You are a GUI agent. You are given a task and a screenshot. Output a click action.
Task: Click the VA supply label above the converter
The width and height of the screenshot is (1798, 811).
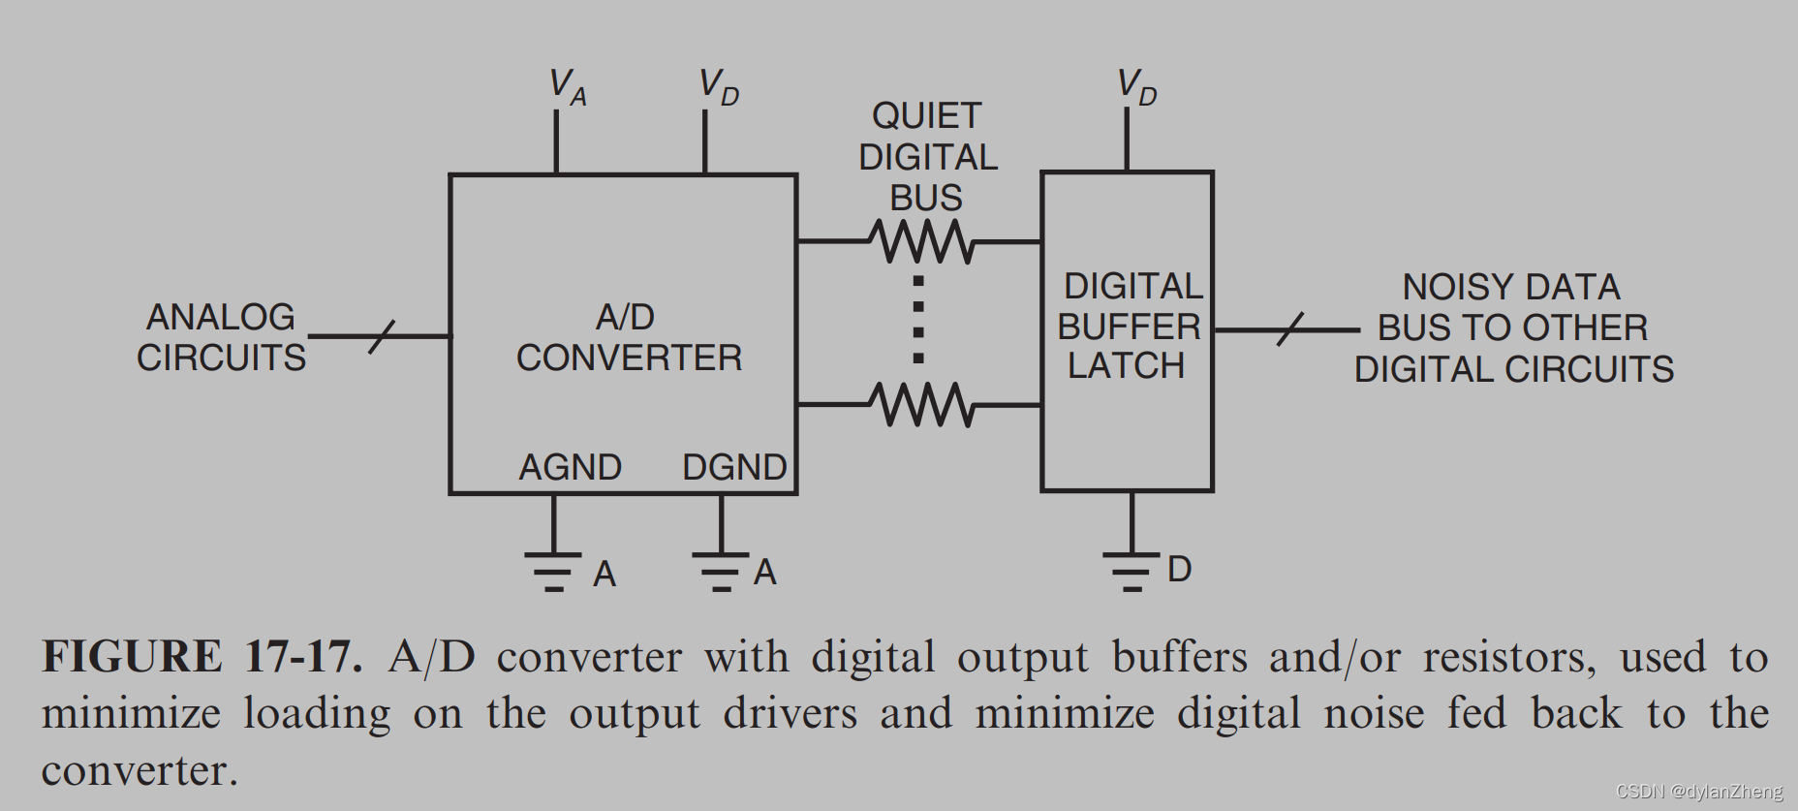pyautogui.click(x=567, y=86)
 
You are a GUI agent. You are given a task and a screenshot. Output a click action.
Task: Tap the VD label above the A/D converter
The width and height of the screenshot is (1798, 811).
pyautogui.click(x=718, y=86)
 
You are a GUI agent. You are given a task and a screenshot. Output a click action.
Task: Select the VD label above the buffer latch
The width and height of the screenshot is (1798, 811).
pyautogui.click(x=1135, y=86)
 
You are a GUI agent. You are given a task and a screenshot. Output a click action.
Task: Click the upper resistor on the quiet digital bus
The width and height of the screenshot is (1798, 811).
pyautogui.click(x=921, y=241)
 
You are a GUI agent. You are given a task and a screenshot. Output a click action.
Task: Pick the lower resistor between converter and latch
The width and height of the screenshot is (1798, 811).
pyautogui.click(x=921, y=404)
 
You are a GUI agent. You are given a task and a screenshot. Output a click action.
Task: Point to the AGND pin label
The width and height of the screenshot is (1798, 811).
pyautogui.click(x=570, y=467)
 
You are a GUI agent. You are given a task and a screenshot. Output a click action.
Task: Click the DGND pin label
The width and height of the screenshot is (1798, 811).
pyautogui.click(x=733, y=467)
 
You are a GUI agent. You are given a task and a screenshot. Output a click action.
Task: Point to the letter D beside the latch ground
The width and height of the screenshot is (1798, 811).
pyautogui.click(x=1179, y=569)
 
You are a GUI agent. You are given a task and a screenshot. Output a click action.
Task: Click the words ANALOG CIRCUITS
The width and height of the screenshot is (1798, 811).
pyautogui.click(x=221, y=337)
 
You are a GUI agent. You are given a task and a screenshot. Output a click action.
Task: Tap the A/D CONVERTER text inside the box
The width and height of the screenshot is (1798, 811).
pyautogui.click(x=628, y=337)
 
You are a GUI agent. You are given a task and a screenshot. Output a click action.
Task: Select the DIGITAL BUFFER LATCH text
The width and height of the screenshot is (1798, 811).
pyautogui.click(x=1129, y=327)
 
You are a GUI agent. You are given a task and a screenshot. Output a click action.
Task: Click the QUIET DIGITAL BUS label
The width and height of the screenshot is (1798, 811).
pyautogui.click(x=927, y=157)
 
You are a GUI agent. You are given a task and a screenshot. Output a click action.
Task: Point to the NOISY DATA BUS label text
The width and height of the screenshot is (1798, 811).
pyautogui.click(x=1512, y=328)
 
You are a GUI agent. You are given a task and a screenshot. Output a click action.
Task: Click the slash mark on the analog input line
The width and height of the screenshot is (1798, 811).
pyautogui.click(x=382, y=336)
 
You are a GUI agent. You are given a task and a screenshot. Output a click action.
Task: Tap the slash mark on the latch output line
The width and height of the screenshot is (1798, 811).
pyautogui.click(x=1289, y=329)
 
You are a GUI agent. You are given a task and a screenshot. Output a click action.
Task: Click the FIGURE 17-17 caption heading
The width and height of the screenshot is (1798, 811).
pyautogui.click(x=201, y=657)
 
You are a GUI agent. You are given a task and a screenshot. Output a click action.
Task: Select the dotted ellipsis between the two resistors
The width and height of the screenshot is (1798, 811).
pyautogui.click(x=918, y=321)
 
